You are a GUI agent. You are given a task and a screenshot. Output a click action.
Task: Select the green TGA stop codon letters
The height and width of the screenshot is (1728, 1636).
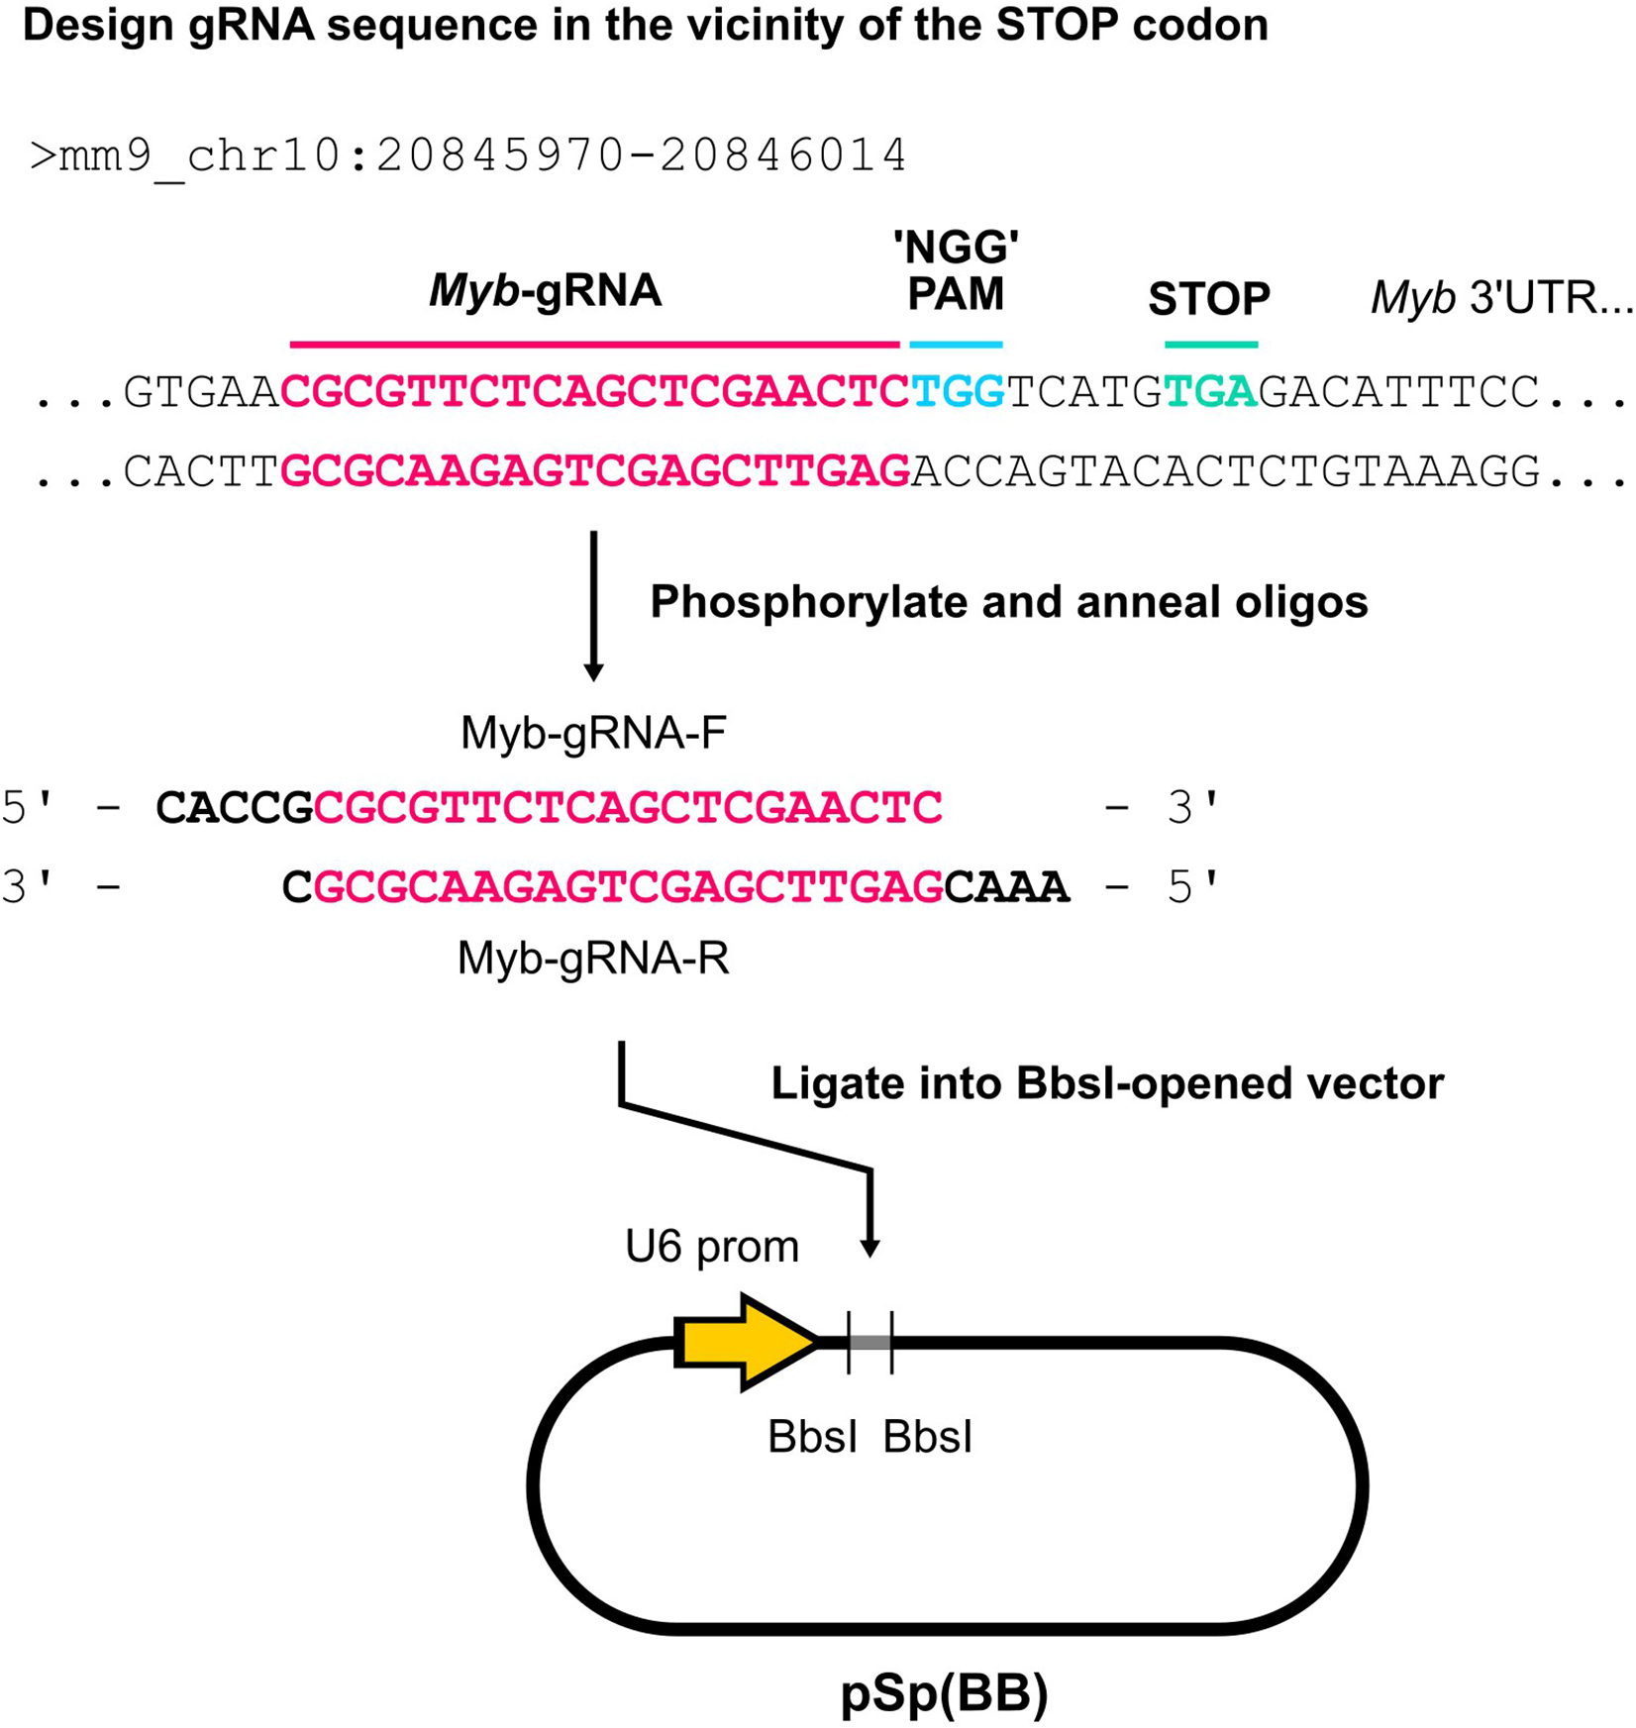1210,392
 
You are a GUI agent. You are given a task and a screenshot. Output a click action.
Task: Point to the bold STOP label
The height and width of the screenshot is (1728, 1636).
1208,298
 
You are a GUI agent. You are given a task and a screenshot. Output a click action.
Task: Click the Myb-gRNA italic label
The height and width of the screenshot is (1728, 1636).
545,291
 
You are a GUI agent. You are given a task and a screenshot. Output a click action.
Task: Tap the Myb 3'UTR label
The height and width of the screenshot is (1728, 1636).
1500,297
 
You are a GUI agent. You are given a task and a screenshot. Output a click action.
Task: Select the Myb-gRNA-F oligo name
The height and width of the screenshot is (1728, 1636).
593,734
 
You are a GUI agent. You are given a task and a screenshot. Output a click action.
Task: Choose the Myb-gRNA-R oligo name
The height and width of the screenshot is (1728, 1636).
593,959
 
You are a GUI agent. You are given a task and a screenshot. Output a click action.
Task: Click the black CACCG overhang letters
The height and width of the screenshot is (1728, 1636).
235,809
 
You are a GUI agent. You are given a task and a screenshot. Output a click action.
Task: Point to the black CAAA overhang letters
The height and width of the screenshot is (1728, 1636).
1006,887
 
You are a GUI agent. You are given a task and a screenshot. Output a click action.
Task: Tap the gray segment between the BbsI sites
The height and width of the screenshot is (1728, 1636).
869,1343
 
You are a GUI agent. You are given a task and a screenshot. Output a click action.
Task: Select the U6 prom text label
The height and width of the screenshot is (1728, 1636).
711,1247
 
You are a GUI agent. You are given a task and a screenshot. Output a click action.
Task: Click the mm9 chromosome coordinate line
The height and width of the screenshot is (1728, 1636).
467,155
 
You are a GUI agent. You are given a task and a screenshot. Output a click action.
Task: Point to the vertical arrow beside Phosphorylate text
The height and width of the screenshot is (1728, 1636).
593,604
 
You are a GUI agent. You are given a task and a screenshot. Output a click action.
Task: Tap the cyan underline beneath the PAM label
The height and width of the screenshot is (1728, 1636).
956,345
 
